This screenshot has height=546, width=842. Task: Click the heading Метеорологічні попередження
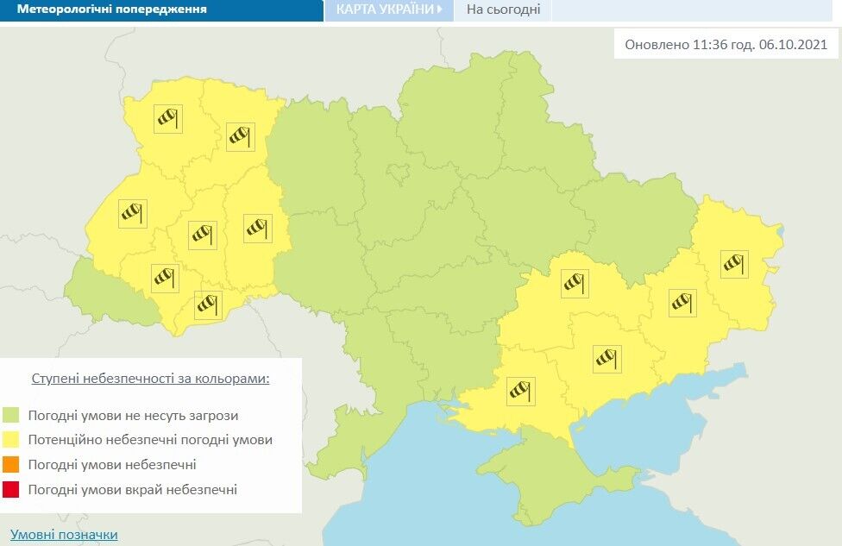111,10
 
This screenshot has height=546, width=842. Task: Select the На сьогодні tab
503,10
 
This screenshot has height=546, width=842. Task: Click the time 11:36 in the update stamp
711,45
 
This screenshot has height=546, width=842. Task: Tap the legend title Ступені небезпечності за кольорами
150,379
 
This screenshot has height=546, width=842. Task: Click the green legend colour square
11,415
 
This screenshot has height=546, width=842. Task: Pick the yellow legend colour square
11,440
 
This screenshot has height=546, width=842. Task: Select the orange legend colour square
11,465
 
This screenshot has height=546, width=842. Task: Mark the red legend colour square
11,490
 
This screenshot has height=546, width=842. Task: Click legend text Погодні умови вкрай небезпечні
132,490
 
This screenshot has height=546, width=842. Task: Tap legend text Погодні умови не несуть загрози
133,415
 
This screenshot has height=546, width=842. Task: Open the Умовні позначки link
64,535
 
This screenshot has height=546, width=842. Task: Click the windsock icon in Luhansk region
734,264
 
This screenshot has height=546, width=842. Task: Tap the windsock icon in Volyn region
168,119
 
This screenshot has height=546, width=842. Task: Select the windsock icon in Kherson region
520,391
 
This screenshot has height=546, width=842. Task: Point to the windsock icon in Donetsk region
682,301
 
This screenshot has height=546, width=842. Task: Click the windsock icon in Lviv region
132,213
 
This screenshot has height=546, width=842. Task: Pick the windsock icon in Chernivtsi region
208,304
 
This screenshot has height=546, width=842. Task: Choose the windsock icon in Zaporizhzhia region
607,358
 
